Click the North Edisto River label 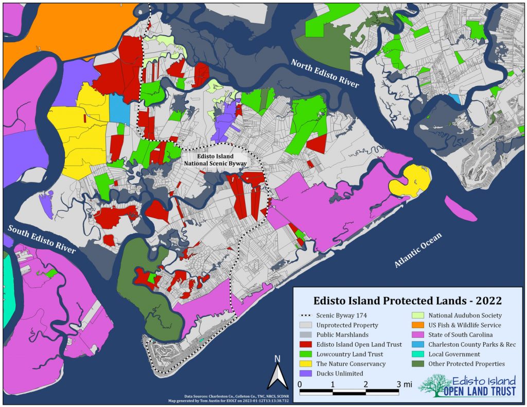[x=324, y=74]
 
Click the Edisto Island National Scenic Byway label [x=216, y=160]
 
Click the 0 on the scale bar [x=300, y=384]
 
